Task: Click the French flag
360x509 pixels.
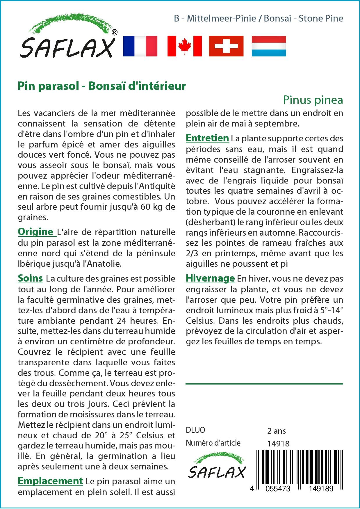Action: [x=140, y=46]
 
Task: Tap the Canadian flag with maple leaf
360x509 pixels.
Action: [x=184, y=46]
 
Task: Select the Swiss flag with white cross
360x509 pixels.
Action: [x=226, y=46]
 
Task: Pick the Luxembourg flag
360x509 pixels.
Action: [x=269, y=46]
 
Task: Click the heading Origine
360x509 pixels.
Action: [x=35, y=232]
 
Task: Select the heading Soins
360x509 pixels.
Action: [x=30, y=278]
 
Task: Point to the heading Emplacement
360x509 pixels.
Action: [x=50, y=481]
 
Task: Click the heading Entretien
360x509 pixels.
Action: [x=207, y=138]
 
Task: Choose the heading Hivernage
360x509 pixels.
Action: [x=210, y=278]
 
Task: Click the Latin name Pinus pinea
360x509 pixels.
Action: [x=313, y=100]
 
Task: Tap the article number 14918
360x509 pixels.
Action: [x=278, y=443]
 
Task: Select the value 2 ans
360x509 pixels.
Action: [x=276, y=431]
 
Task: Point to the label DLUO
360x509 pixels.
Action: [x=195, y=430]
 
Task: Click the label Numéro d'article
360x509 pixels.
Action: [x=213, y=443]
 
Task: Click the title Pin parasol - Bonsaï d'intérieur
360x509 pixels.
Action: [x=102, y=86]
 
